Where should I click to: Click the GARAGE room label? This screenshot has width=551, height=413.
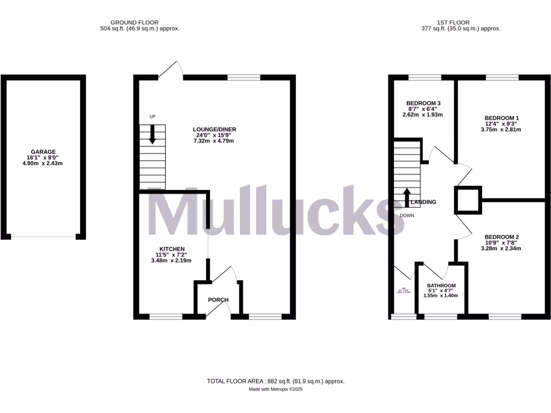(43, 152)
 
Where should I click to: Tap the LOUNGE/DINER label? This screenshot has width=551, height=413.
(215, 130)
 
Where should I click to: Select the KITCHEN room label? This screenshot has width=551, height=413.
(172, 249)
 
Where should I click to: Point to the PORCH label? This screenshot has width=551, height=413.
(218, 300)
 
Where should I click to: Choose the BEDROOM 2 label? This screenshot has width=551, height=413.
(501, 237)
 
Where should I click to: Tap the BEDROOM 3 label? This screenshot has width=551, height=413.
(423, 103)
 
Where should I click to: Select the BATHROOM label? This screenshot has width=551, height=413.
(441, 286)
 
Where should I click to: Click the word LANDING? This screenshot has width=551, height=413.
(423, 202)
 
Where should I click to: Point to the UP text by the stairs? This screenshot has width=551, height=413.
(152, 116)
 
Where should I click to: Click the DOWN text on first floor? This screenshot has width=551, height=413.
(407, 215)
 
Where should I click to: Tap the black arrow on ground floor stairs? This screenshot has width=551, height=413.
(152, 133)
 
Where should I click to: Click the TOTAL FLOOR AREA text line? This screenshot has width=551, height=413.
(275, 381)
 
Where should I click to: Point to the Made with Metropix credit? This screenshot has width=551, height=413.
(275, 389)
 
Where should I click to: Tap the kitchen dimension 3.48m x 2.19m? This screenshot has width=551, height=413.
(172, 260)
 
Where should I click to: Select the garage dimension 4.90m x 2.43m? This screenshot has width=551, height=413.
(43, 163)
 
